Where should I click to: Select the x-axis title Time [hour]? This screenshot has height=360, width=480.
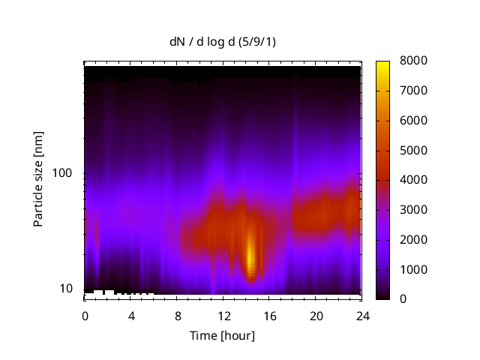[x=221, y=335]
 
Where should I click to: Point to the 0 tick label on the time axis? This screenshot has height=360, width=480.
[x=85, y=315]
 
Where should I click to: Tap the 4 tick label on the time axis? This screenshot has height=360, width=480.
[x=131, y=315]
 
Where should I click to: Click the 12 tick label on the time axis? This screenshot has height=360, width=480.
[x=223, y=315]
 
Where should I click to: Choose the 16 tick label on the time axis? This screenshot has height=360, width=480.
[x=269, y=315]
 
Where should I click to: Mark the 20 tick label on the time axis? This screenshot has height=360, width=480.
[x=316, y=315]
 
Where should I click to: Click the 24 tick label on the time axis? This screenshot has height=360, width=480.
[x=361, y=315]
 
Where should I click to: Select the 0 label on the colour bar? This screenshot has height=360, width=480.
[x=403, y=299]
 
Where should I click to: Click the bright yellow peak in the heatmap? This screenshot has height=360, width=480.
[x=251, y=255]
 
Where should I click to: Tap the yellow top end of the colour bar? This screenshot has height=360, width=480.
[x=382, y=64]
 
